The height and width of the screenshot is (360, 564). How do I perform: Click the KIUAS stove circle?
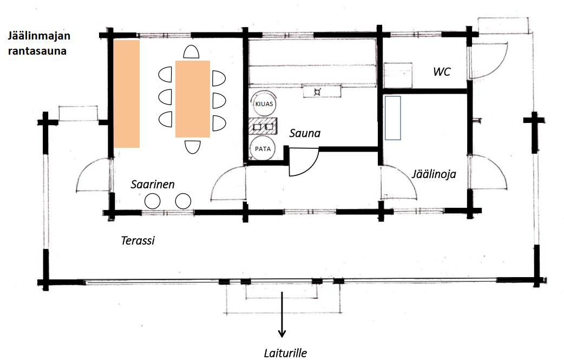coord(264,104)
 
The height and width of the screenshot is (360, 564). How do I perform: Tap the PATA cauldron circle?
coord(263,148)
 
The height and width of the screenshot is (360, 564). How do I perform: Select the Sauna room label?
coord(305,133)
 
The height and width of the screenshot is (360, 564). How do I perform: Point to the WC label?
coord(442,71)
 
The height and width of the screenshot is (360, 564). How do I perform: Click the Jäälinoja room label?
coord(434,174)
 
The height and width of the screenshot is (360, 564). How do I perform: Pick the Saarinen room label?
coord(153,185)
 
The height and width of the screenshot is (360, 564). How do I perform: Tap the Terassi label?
coord(138,240)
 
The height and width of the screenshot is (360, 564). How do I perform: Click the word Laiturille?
coord(285,353)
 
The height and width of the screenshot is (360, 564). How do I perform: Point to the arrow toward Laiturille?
coord(282,315)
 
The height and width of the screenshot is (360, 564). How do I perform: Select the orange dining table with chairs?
coord(193,99)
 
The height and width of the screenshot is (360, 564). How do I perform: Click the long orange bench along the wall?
coord(127,94)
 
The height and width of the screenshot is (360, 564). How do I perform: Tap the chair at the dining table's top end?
coord(192,52)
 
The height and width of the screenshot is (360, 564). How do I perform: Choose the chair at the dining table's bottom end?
coord(193,147)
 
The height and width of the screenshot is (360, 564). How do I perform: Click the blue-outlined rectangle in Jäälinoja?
coord(393,118)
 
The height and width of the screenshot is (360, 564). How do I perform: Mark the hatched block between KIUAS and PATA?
coord(263,126)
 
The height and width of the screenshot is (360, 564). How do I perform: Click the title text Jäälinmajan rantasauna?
coord(39,43)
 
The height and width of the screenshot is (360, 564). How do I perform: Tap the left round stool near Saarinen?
coord(153,201)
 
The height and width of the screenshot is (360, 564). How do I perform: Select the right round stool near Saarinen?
coord(183,201)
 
